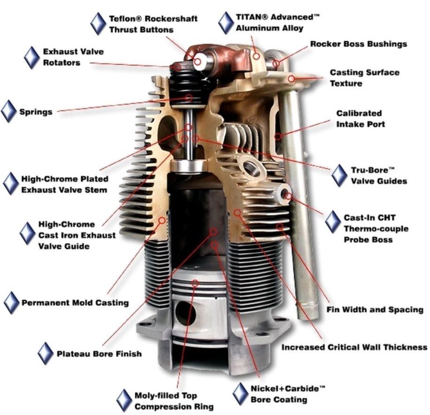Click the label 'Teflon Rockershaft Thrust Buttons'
tap(153, 24)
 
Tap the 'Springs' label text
tap(36, 112)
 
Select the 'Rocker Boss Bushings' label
tap(359, 44)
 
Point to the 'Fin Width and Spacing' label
tap(375, 310)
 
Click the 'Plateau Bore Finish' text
tap(99, 353)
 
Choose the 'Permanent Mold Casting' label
tap(75, 303)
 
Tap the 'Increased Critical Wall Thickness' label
tap(354, 347)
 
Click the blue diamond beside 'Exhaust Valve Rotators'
tap(31, 57)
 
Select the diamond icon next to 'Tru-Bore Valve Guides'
tap(339, 175)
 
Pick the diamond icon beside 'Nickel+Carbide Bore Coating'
tap(240, 393)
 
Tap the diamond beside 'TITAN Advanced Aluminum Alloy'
tap(226, 23)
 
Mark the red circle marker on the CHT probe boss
tap(288, 196)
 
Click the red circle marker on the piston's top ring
tap(195, 283)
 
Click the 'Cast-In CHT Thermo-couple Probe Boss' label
tap(376, 228)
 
